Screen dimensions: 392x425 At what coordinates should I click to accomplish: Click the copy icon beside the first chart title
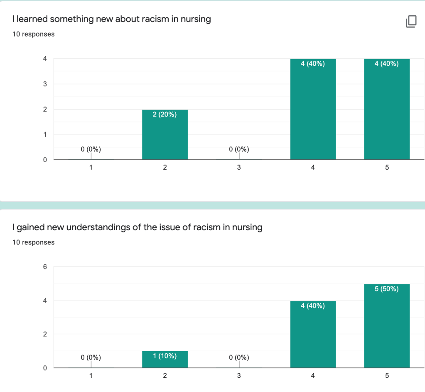tap(410, 22)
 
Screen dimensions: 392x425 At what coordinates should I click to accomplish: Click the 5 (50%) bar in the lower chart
tap(387, 326)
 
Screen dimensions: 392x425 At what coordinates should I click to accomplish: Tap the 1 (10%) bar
tap(165, 360)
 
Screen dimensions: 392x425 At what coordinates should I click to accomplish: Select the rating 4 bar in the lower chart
tap(313, 334)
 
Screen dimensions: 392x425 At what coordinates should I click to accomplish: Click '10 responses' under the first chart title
tap(34, 34)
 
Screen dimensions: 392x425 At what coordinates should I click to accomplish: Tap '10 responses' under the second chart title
tap(34, 242)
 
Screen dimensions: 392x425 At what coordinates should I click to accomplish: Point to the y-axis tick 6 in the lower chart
tap(45, 267)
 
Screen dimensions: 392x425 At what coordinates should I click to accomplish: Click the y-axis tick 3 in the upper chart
tap(45, 84)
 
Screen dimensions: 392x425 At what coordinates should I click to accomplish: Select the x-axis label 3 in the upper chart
tap(239, 168)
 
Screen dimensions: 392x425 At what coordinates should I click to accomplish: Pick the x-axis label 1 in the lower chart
tap(91, 376)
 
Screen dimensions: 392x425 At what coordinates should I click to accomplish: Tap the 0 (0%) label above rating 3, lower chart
tap(239, 357)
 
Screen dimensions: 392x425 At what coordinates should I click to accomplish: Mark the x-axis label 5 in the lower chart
tap(387, 376)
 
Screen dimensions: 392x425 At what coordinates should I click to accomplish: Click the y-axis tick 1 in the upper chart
tap(45, 135)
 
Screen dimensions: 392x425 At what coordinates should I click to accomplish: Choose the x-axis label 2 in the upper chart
tap(165, 168)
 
